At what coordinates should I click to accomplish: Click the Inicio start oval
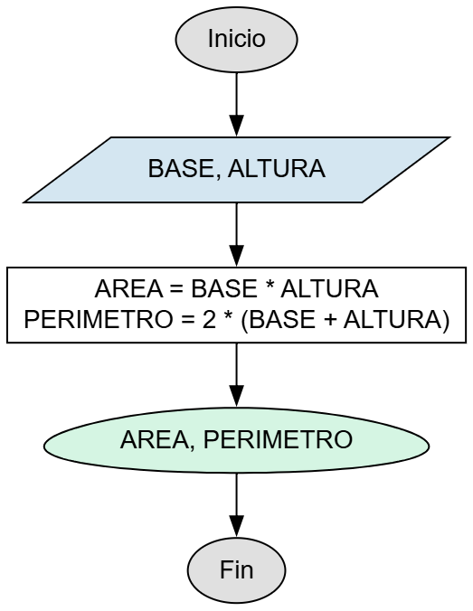(236, 40)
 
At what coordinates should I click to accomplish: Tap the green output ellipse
(236, 441)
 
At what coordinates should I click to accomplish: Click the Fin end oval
(236, 570)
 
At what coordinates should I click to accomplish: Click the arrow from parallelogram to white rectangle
(236, 234)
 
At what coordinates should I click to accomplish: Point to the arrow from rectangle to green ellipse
(236, 375)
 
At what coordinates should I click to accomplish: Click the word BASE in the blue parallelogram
(178, 170)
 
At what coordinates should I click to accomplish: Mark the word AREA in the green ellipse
(148, 441)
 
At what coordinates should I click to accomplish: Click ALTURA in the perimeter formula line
(402, 320)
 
